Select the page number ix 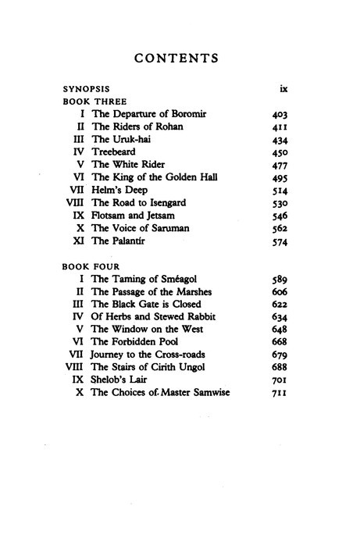coord(273,89)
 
